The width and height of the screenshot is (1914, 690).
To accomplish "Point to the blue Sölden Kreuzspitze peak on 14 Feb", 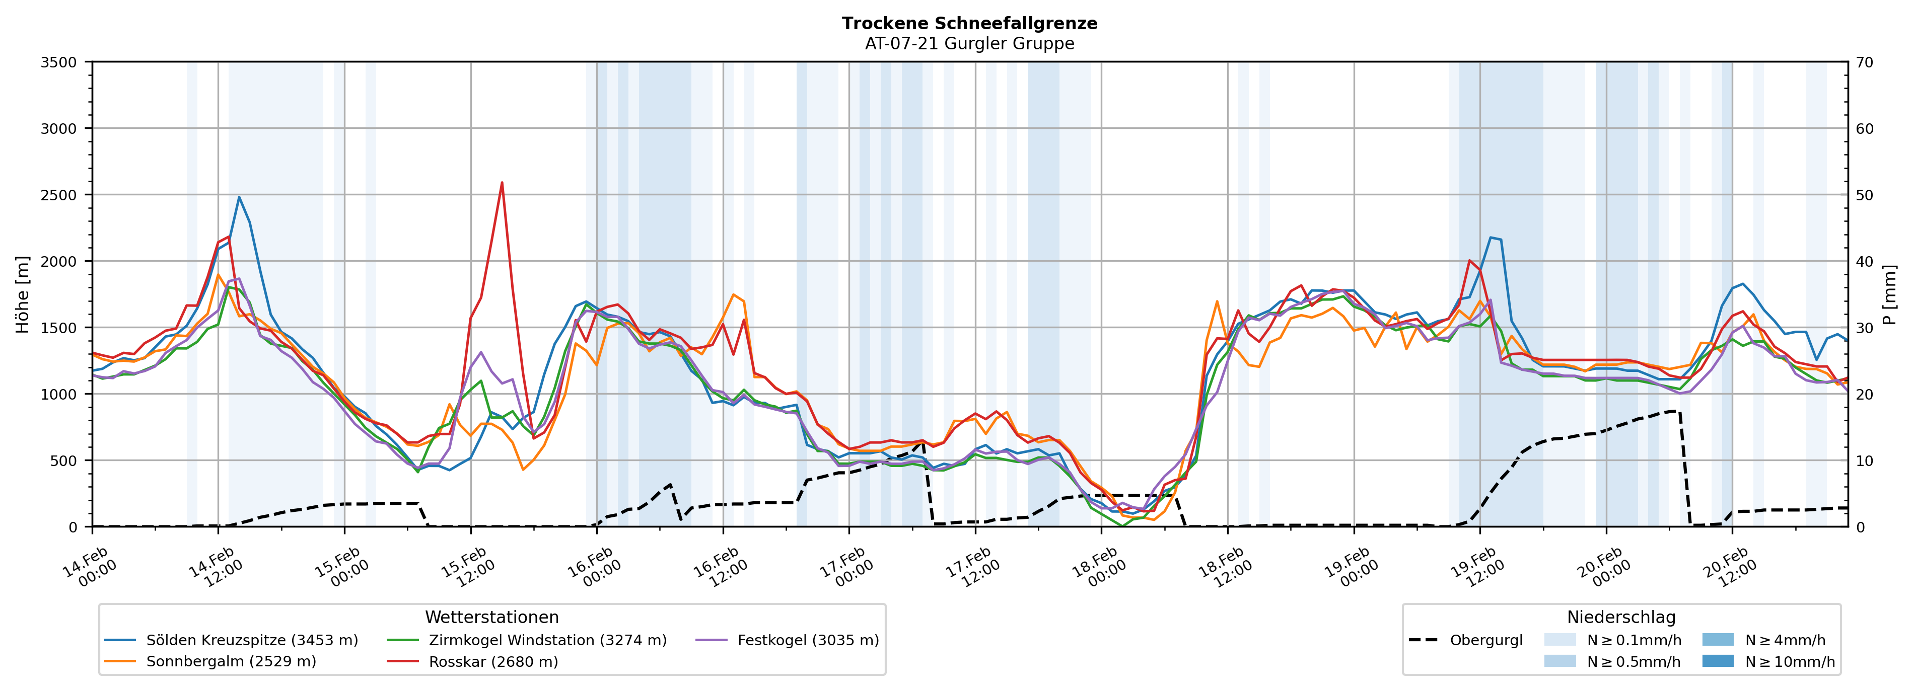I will tap(239, 198).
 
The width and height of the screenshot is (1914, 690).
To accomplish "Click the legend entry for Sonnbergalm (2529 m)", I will tap(230, 661).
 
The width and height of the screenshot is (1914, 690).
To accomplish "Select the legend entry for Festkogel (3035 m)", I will tap(808, 640).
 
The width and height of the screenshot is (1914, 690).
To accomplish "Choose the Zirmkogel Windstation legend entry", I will tap(547, 640).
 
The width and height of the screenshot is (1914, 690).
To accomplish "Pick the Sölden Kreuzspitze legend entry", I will tap(251, 640).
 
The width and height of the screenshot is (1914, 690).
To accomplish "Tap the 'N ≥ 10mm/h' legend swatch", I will tap(1717, 661).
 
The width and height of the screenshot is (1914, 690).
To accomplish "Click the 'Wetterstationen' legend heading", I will tap(492, 617).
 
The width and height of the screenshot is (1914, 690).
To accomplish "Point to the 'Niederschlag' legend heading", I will tap(1621, 617).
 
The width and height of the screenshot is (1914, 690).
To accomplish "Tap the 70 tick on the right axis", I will tap(1864, 62).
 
